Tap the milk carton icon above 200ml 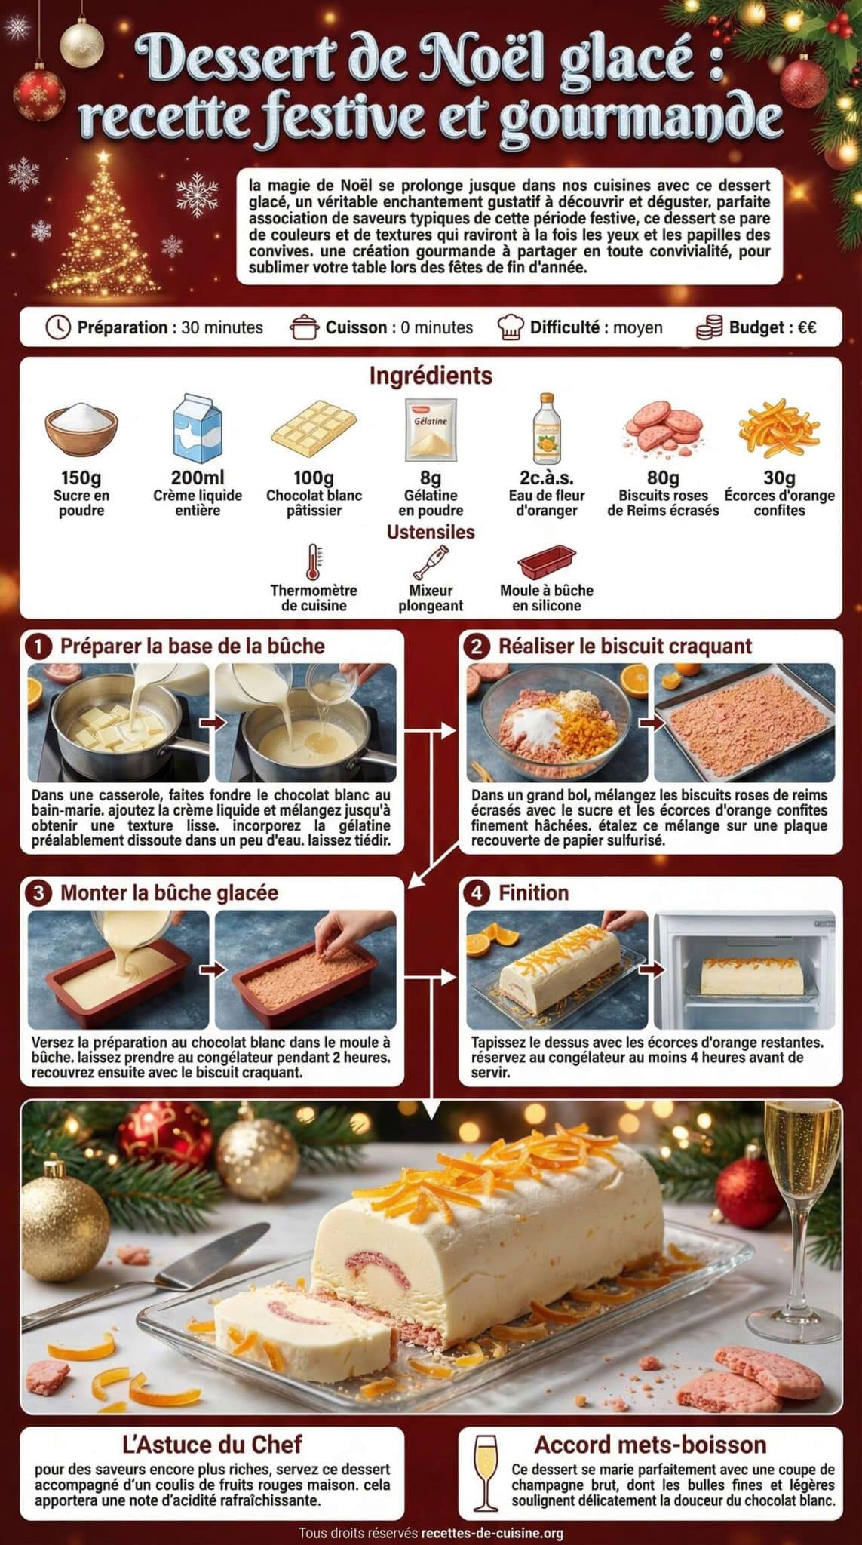[x=198, y=427]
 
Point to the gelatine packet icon [x=431, y=429]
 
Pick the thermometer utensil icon [x=314, y=562]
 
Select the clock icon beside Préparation [x=58, y=327]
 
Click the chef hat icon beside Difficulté [x=511, y=327]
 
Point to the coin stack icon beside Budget [x=709, y=327]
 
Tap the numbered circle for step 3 [x=38, y=893]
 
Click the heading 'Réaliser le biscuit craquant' [x=624, y=647]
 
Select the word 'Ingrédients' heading [x=431, y=376]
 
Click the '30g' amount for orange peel [x=779, y=478]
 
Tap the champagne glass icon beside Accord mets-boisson [x=485, y=1473]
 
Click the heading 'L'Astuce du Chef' [x=212, y=1444]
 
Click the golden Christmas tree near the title [x=103, y=226]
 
